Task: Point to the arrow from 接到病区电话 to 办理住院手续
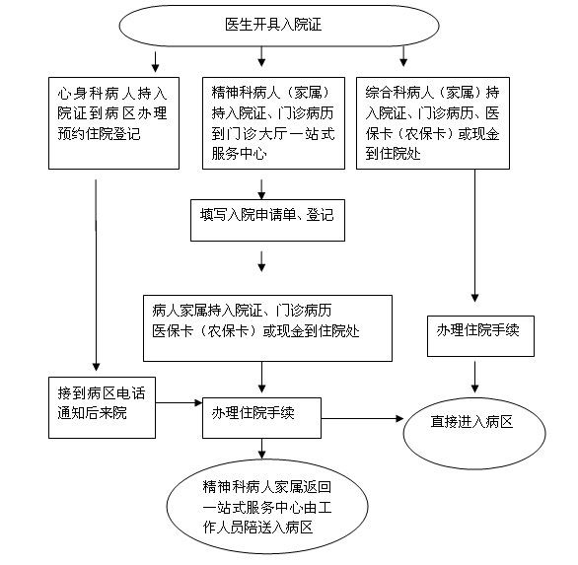[179, 403]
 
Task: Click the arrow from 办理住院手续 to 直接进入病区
[362, 419]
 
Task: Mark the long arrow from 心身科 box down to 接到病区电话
[96, 275]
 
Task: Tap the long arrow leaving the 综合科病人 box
[474, 236]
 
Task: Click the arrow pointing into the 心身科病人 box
[155, 62]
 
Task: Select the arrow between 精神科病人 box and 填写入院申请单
[261, 189]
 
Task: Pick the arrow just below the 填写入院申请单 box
[261, 261]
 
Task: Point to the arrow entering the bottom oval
[261, 449]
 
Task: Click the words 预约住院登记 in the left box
[100, 133]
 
